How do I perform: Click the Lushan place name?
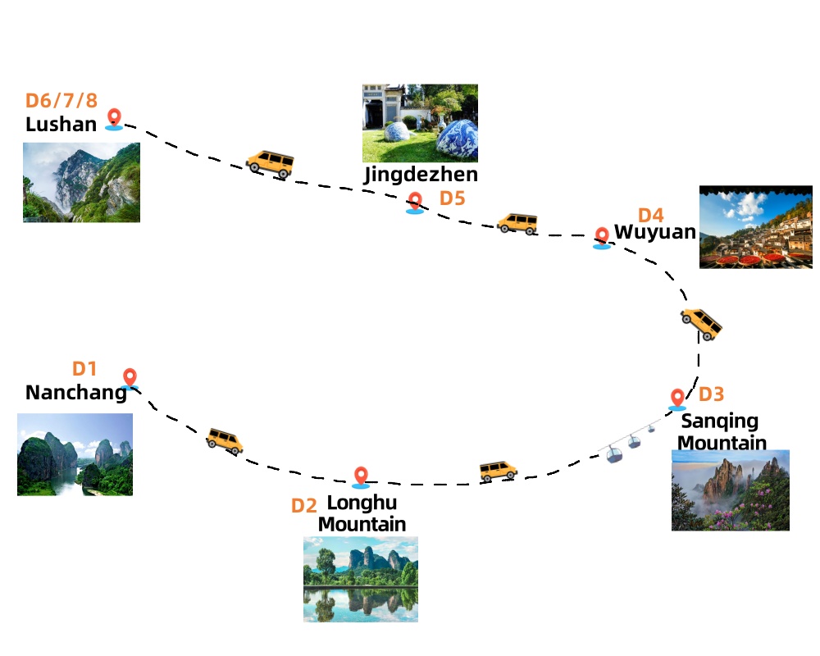click(61, 125)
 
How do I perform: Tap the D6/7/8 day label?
click(61, 101)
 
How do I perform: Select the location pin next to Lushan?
click(114, 120)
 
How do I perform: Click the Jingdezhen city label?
click(421, 174)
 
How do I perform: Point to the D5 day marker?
click(452, 198)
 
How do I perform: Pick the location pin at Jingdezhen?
click(415, 203)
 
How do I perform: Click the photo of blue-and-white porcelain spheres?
click(420, 123)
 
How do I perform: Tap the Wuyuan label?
click(654, 232)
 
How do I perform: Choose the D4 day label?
click(650, 215)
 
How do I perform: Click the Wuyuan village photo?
click(755, 227)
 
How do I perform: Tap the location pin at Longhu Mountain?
click(361, 476)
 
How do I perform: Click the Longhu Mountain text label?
click(362, 512)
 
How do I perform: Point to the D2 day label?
click(303, 506)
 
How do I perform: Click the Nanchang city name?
click(75, 393)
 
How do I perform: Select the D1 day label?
click(84, 370)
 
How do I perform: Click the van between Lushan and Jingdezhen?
click(270, 163)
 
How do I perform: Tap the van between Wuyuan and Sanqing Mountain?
click(701, 324)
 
